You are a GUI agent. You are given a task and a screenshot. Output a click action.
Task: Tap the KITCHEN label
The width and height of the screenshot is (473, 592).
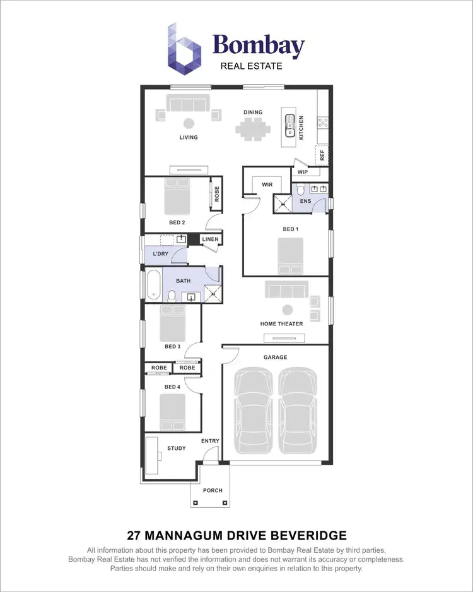(301, 128)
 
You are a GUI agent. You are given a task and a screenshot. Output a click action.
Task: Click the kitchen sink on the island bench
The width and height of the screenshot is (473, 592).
(289, 124)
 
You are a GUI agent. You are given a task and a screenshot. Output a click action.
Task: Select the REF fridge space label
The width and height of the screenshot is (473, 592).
(322, 155)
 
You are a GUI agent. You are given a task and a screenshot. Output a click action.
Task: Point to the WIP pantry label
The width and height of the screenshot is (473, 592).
(302, 172)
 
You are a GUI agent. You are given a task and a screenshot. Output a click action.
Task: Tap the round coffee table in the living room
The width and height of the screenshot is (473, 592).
(188, 123)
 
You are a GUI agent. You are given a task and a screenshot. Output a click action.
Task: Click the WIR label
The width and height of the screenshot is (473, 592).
(267, 184)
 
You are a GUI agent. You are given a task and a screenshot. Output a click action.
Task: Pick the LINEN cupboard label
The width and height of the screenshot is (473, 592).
(210, 239)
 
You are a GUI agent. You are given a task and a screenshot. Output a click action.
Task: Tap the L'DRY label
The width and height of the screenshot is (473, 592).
(160, 254)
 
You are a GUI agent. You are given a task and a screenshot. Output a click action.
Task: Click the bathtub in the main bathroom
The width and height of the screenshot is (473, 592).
(153, 285)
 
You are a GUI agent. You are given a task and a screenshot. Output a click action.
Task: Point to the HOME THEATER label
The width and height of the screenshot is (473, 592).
(281, 323)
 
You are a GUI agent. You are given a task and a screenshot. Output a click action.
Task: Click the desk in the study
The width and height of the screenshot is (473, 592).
(152, 454)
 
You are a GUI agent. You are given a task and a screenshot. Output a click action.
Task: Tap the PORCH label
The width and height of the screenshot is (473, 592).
(211, 490)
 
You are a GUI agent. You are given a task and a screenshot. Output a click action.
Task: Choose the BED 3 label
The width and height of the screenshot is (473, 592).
(173, 346)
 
